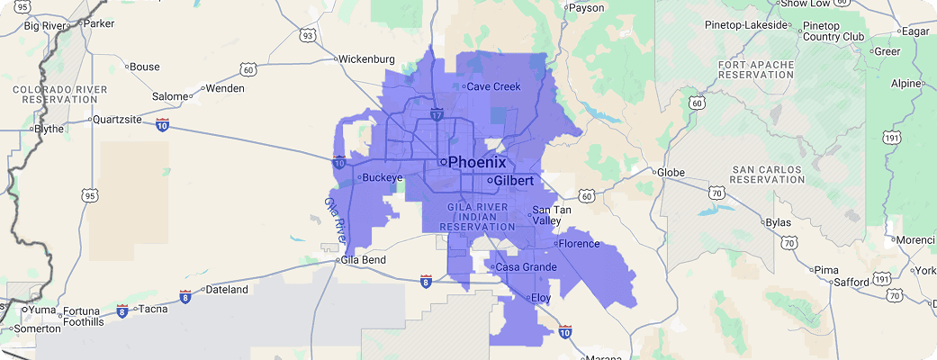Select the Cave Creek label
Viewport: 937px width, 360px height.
(x=493, y=87)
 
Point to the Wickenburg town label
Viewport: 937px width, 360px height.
(x=366, y=59)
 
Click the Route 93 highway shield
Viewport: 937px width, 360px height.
(x=308, y=36)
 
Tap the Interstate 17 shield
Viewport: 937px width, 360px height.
(x=437, y=115)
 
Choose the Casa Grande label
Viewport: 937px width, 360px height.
(x=527, y=267)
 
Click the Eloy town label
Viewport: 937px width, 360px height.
(x=541, y=297)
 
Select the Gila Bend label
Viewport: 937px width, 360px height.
(x=362, y=260)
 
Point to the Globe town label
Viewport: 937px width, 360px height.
(x=671, y=172)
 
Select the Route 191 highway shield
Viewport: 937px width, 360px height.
(x=892, y=138)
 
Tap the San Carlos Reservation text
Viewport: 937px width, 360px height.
(x=768, y=174)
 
